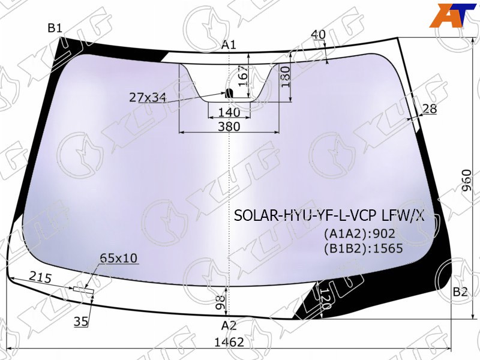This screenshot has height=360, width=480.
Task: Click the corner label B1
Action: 55,28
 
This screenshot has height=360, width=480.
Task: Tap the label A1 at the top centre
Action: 229,46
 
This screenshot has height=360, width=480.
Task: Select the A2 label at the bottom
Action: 229,325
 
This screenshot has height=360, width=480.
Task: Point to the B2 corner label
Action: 460,292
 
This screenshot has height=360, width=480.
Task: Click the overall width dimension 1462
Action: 229,342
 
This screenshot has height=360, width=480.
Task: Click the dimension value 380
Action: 229,126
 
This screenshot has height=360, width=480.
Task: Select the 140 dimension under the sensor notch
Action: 229,112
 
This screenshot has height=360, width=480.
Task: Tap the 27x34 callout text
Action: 148,98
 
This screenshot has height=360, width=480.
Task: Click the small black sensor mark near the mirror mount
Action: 229,93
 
